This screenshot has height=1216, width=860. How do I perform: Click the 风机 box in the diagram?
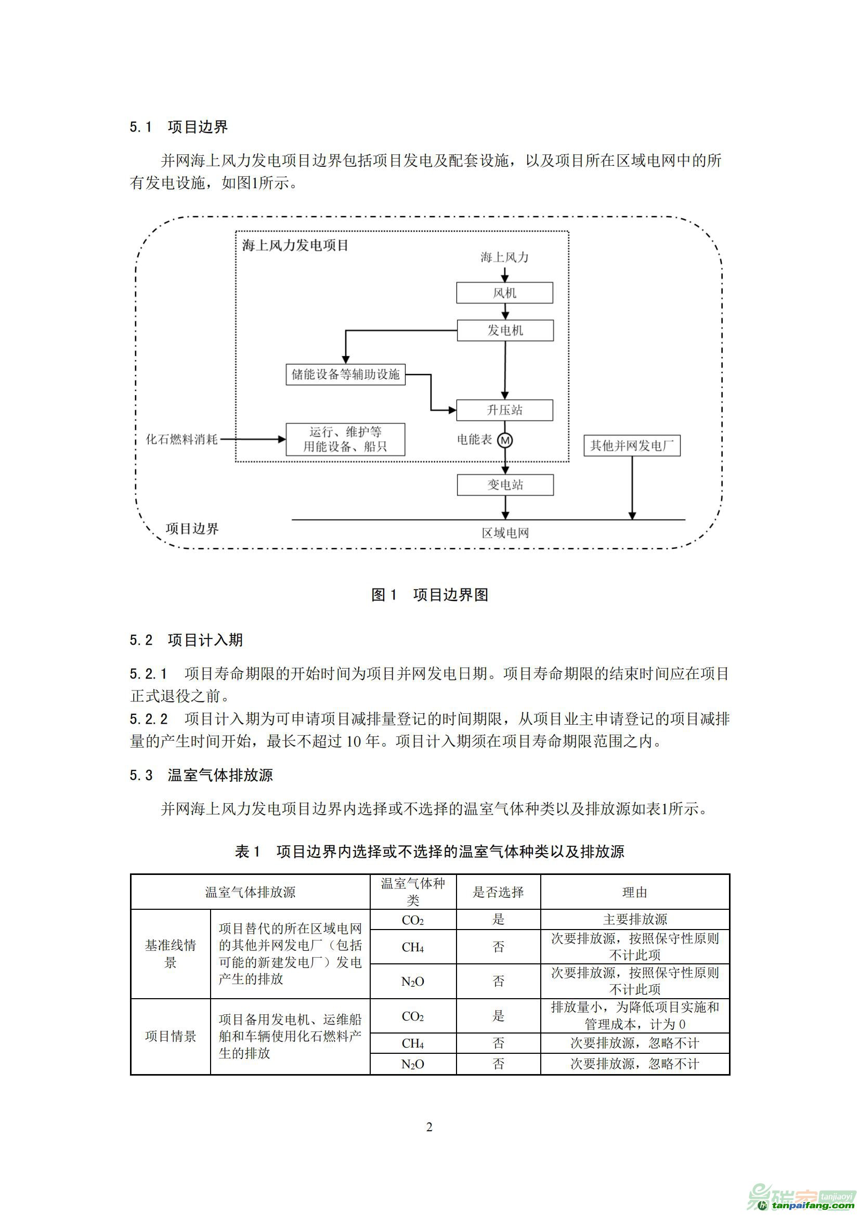coord(504,293)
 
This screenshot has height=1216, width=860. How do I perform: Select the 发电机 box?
coord(505,331)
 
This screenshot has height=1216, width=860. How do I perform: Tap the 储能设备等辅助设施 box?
coord(345,374)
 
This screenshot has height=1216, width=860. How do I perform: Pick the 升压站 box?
coord(504,410)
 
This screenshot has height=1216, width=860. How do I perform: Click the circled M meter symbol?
coord(505,440)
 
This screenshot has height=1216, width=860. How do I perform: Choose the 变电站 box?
coord(505,485)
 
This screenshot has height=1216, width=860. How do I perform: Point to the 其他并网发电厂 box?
coord(632,446)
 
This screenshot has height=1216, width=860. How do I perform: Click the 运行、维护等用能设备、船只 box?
coord(345,439)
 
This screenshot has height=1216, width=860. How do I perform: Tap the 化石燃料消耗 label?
coord(181,439)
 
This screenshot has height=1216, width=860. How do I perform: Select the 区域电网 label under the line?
coord(505,533)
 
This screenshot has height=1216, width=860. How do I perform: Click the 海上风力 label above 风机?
coord(504,257)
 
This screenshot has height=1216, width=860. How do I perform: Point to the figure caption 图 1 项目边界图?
coord(429,595)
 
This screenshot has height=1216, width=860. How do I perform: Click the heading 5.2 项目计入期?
coord(187,640)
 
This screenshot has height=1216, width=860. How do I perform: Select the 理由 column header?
coord(634,893)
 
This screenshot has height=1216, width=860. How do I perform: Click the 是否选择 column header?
coord(498,893)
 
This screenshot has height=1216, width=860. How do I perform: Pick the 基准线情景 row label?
coord(171,953)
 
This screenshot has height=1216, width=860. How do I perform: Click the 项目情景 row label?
coord(171,1037)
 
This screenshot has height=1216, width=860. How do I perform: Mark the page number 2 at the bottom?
coord(429,1127)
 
